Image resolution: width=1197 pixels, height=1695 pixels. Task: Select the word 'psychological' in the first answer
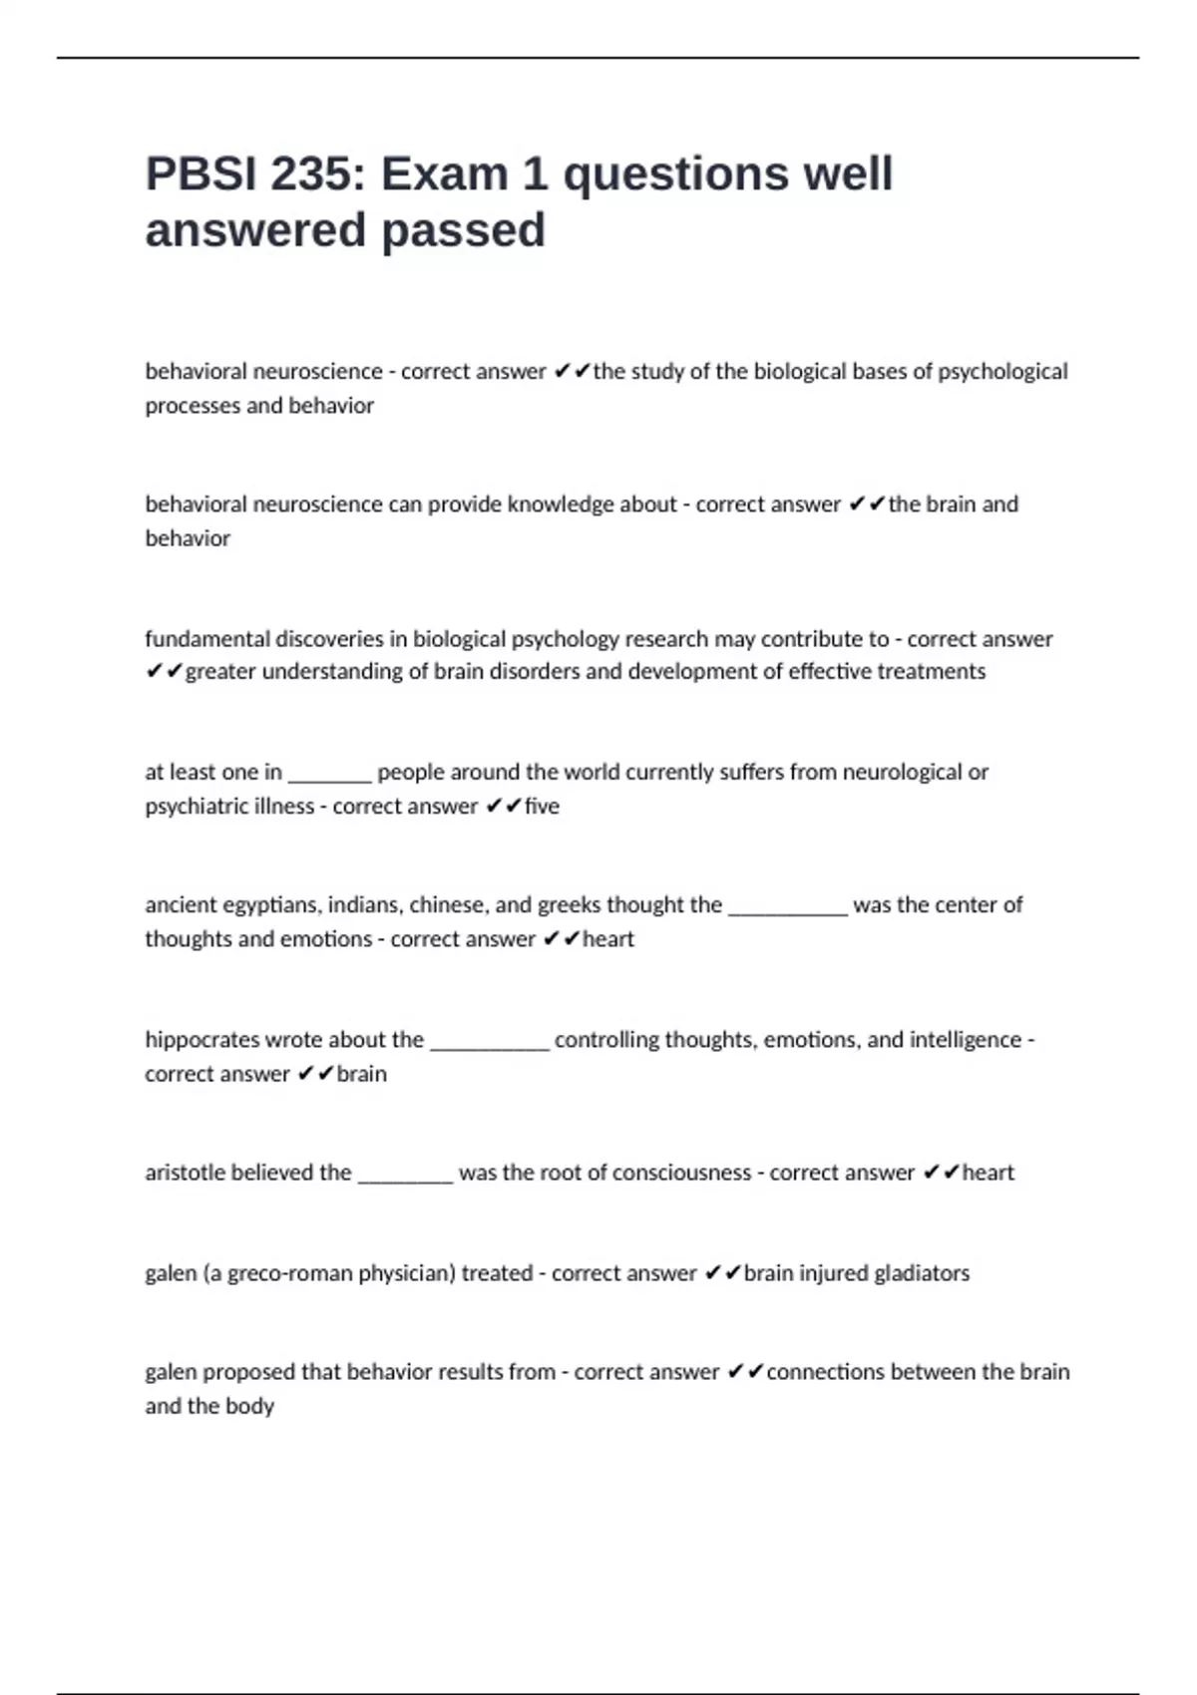coord(1002,372)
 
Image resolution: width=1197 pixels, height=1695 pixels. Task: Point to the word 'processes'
coord(193,406)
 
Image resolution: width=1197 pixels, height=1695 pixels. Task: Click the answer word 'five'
coord(542,806)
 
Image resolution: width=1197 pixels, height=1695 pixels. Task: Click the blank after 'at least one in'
coord(329,774)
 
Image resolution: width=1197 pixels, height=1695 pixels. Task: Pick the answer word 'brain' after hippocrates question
coord(361,1074)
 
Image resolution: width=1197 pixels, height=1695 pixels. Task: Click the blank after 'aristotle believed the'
coord(405,1175)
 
